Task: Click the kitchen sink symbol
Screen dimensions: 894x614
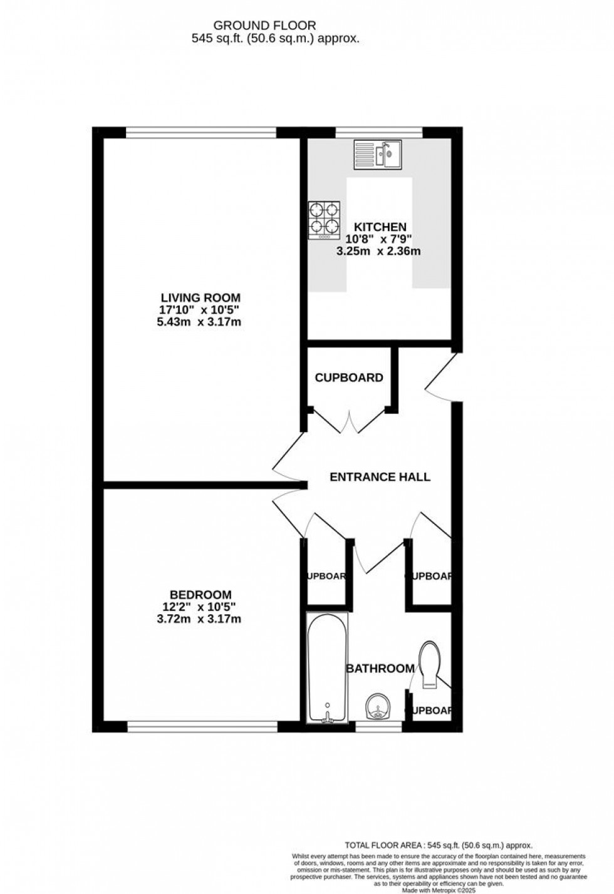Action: click(378, 155)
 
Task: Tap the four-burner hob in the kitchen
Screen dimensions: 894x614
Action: click(324, 221)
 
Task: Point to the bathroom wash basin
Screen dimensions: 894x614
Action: click(377, 707)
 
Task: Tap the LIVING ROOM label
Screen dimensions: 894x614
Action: click(200, 298)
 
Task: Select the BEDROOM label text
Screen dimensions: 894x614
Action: click(200, 595)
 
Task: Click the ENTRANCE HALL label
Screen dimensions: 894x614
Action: click(380, 477)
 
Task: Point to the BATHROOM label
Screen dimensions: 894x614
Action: click(380, 669)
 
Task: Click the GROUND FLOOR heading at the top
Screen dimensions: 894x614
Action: click(265, 26)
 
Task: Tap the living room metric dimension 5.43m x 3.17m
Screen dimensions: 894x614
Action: click(200, 322)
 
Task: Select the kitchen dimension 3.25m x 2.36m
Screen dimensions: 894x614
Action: click(378, 252)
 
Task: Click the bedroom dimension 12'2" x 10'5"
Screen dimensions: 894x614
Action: click(200, 607)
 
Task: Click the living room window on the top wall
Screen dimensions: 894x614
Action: click(200, 132)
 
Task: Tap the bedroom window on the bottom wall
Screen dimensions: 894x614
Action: click(202, 726)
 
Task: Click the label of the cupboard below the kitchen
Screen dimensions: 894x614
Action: click(349, 378)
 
